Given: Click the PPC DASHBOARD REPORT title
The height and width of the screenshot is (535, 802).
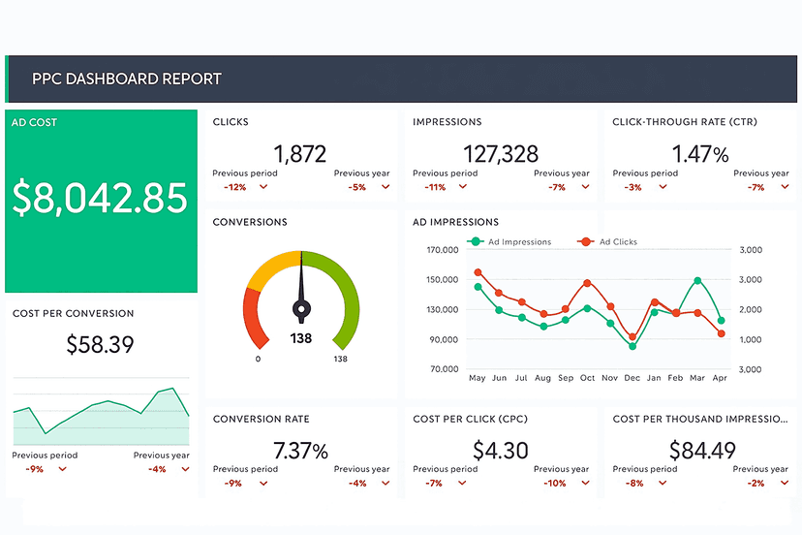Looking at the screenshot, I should coord(126,79).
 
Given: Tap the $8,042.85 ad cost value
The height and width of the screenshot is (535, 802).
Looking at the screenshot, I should coord(100,198).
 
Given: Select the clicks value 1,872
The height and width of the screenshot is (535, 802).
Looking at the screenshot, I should coord(299,154).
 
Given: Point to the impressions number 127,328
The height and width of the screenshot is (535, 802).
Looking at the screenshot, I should coord(500,154).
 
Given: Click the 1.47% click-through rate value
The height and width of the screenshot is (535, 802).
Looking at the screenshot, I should coord(699,154).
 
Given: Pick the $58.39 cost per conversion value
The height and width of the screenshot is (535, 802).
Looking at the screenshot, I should coord(100,344).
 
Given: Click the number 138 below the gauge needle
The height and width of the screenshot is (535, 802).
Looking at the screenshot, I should coord(300,339).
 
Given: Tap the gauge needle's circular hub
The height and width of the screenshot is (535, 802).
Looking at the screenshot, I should coord(301,309).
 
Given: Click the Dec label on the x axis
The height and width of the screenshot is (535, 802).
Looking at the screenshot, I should coord(632,378).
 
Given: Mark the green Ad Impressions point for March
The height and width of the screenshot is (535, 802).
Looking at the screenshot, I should coord(697,281).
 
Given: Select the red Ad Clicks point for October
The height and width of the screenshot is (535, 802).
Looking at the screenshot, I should coord(588,283).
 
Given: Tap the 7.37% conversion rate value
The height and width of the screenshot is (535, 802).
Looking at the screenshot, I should coord(300,451).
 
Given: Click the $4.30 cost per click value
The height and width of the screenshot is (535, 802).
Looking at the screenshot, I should coord(501,451).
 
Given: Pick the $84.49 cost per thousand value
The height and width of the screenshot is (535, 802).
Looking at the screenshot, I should coord(701,451).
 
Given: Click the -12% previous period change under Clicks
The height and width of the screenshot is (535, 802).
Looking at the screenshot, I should coord(234,187).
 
